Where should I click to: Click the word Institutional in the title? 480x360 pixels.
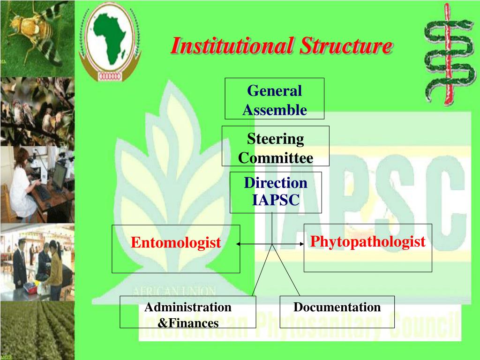[232, 46]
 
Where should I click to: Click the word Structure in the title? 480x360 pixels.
[346, 46]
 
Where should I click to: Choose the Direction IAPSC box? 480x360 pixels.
[276, 191]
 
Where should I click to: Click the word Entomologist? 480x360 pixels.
[175, 243]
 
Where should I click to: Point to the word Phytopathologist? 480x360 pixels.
[367, 242]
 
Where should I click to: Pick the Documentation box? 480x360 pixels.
[337, 311]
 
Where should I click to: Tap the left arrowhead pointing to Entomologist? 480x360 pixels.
[238, 244]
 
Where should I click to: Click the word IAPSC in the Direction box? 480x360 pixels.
[276, 201]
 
